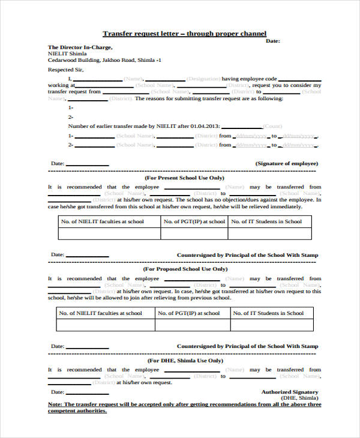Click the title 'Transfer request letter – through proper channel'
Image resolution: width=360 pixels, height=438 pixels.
coord(184,34)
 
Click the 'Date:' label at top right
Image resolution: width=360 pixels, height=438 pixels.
coord(272,41)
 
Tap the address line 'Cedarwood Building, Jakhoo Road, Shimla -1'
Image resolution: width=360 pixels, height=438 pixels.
coord(104,60)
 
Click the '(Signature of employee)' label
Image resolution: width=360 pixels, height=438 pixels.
coord(287,163)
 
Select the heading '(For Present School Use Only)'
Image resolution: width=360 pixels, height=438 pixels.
coord(184,178)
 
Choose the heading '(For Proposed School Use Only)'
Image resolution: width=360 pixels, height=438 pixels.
coord(185,269)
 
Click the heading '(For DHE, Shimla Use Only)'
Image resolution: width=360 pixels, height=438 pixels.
coord(184,361)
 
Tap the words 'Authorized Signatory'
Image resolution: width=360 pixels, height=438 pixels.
coord(290,392)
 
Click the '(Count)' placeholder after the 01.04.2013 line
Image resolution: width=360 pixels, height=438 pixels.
coord(272,126)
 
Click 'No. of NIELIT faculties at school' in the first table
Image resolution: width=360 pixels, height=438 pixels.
coord(103,221)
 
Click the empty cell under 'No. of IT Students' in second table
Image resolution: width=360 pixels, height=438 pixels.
coord(269,325)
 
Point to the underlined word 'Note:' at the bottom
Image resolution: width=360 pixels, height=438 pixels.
coord(55,404)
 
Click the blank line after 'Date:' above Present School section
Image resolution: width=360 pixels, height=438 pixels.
coord(88,164)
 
